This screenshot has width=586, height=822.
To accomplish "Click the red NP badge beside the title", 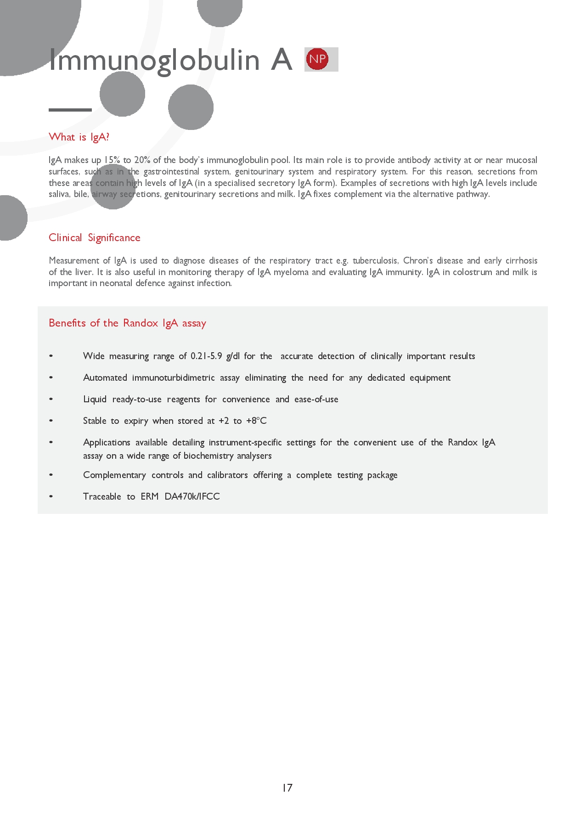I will click(317, 59).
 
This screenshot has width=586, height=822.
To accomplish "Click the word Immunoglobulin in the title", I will click(154, 60).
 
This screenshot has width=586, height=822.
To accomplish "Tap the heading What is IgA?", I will click(79, 137).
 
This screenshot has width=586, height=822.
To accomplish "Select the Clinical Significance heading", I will click(95, 237).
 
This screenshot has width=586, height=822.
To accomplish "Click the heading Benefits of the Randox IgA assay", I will click(127, 323).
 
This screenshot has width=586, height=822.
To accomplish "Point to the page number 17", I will click(287, 788).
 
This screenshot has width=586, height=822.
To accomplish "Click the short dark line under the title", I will click(70, 110).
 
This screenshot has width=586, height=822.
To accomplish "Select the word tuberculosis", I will click(375, 261).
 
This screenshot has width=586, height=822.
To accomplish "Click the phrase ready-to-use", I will click(137, 399).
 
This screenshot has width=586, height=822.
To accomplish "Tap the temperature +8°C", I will click(256, 421).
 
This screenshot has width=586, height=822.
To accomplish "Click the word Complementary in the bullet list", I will click(114, 475).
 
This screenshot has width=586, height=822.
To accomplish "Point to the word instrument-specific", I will click(245, 442).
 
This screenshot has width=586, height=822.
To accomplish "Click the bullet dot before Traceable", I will click(51, 496).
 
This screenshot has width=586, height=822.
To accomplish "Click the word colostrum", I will click(472, 272).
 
